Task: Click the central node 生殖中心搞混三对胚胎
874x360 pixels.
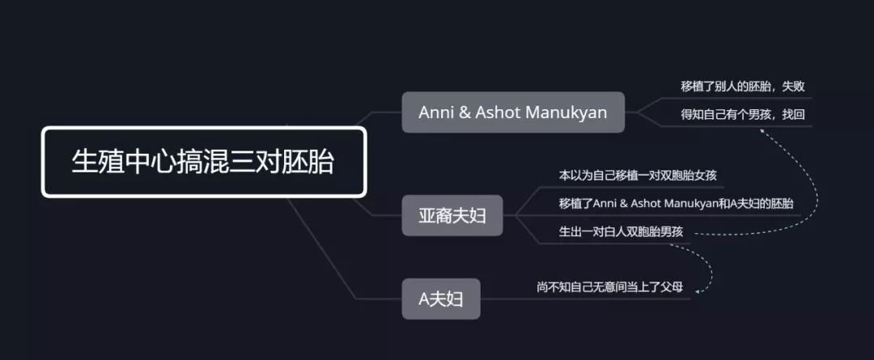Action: [203, 162]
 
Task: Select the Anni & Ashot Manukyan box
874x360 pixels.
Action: [513, 112]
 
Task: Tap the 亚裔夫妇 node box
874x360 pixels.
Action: [452, 215]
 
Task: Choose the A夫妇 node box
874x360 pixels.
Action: [441, 299]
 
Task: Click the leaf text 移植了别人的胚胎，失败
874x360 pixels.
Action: [742, 86]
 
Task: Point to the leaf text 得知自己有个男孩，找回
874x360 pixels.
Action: [742, 114]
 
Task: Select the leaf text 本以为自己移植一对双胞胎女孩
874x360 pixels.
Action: [639, 175]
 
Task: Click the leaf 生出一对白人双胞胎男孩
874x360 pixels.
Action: [621, 231]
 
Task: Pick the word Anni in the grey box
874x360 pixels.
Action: [436, 112]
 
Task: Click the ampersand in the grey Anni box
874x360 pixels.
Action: [465, 112]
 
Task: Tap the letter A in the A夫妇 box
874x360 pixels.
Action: [423, 299]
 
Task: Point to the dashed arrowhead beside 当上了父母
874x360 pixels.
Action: [698, 288]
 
